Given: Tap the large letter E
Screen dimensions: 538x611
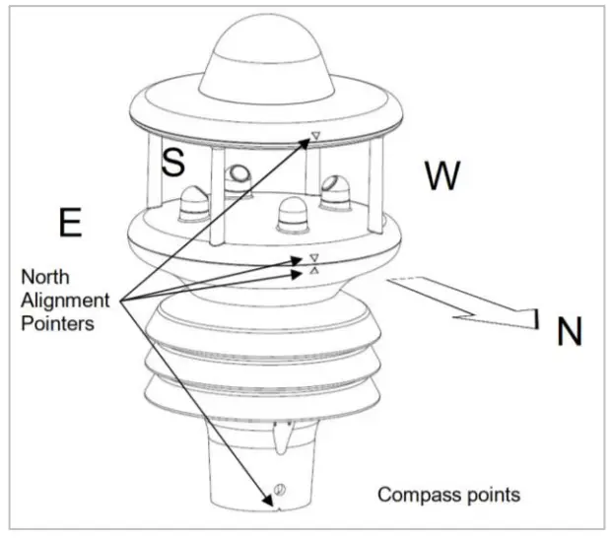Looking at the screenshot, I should click(69, 223).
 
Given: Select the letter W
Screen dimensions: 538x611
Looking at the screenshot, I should click(442, 176).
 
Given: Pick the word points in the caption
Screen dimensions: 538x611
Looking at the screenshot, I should click(488, 492).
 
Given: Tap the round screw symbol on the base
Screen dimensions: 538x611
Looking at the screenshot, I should click(279, 491).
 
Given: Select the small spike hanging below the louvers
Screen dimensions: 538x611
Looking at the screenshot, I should click(283, 438).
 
